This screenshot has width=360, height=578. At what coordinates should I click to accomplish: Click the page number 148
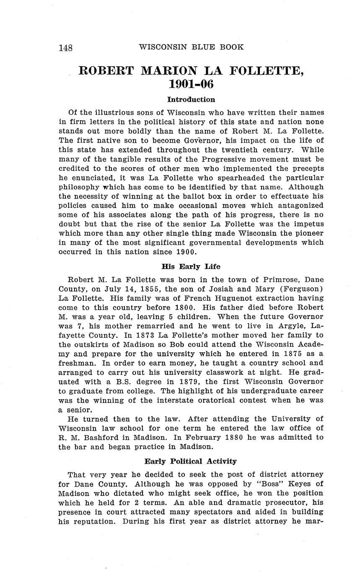(65, 48)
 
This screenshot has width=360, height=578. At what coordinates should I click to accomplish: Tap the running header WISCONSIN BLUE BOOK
(191, 47)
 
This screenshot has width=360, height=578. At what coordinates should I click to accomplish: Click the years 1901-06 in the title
(191, 84)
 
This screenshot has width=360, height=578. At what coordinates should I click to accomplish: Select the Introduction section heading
(191, 100)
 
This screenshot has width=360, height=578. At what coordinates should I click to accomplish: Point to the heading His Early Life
(191, 266)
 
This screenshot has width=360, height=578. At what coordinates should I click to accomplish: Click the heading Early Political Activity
(191, 461)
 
